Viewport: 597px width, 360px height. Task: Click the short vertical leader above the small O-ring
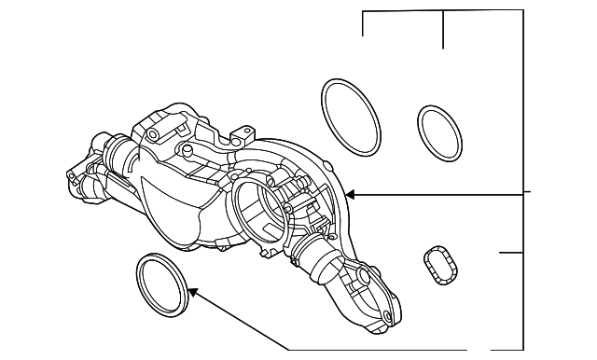[443, 30]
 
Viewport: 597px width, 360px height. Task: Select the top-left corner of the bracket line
[363, 12]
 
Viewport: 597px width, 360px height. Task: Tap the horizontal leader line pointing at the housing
[438, 196]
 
